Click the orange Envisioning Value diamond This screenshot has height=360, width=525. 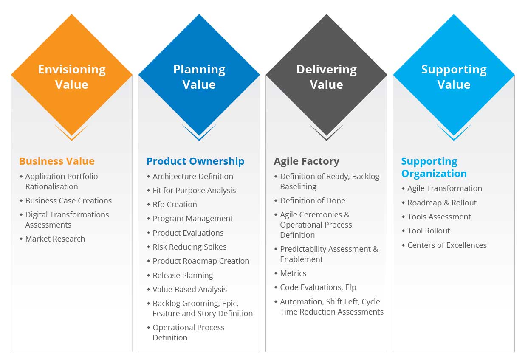tap(71, 76)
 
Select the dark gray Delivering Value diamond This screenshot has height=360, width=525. tap(326, 76)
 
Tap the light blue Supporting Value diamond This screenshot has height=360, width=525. tap(454, 76)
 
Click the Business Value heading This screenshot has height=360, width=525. tap(57, 161)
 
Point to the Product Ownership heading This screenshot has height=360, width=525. tap(195, 161)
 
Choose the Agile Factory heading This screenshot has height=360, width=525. tap(306, 161)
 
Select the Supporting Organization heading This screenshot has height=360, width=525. tap(434, 167)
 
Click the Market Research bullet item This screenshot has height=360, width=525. tap(55, 239)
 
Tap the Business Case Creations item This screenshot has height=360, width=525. tap(68, 200)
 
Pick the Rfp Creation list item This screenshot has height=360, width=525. tap(175, 204)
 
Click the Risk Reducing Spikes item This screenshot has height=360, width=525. tap(189, 247)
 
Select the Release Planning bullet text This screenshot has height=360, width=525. tap(183, 275)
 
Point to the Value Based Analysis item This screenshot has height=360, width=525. tap(189, 289)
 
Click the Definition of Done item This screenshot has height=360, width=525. tap(312, 200)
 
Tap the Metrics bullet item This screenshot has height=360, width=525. tap(293, 273)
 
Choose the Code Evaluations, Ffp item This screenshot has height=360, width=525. tap(318, 287)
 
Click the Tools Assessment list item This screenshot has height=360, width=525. tap(439, 217)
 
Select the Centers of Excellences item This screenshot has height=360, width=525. tap(447, 245)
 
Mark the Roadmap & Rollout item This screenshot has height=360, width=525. tap(442, 202)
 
